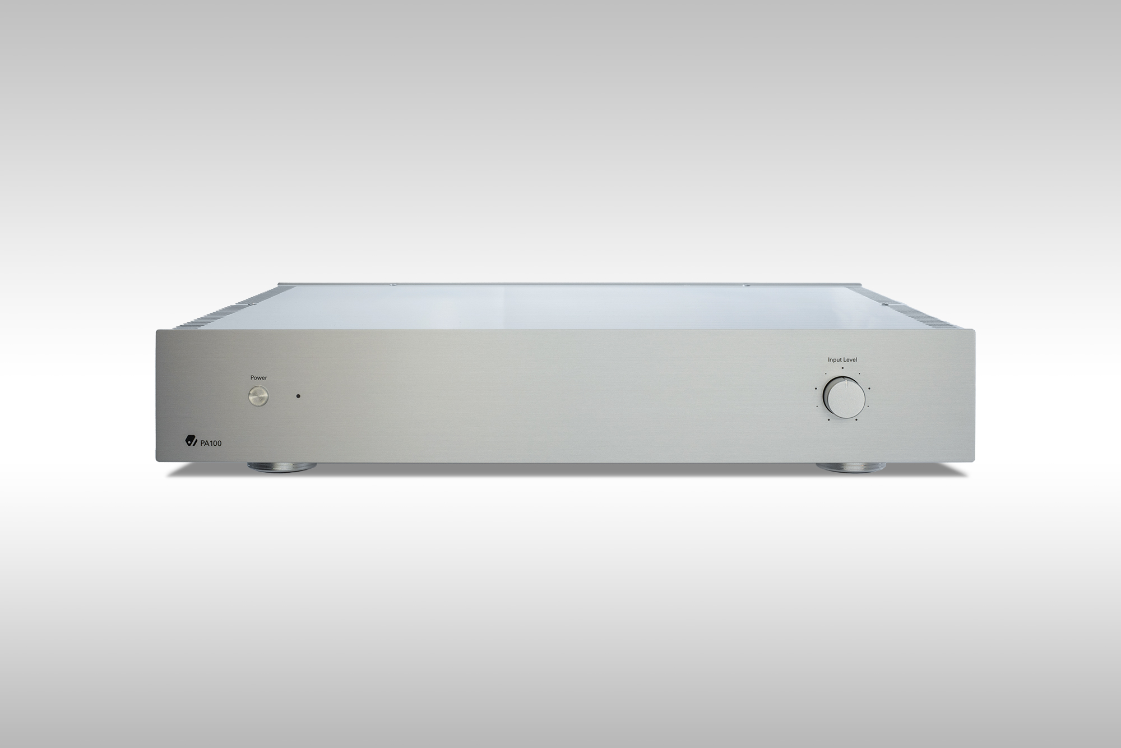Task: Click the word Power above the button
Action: [258, 378]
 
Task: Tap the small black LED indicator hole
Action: [299, 396]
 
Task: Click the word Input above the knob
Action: [835, 360]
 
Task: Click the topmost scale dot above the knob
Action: [842, 368]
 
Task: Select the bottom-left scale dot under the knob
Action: [828, 419]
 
